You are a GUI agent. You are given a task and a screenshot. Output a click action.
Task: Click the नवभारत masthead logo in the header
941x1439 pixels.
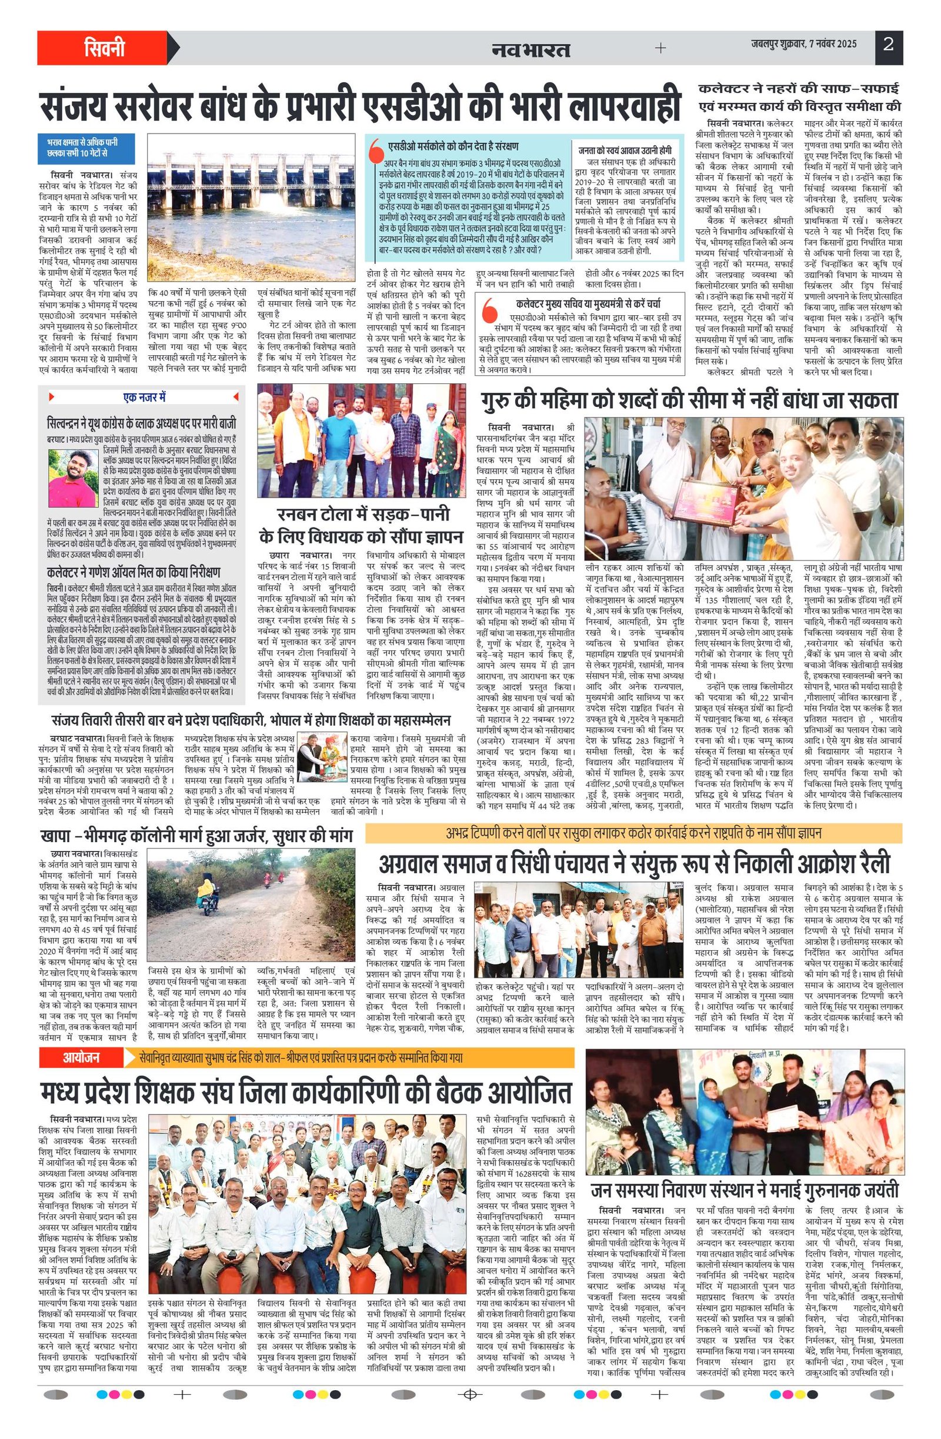coord(531,48)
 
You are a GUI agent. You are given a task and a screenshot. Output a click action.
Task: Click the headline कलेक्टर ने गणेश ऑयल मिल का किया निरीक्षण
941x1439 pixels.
coord(134,572)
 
